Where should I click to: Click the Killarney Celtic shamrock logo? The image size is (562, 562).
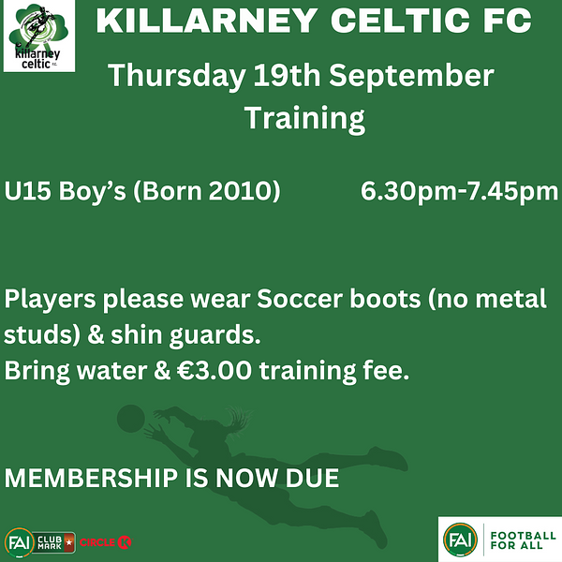[39, 36]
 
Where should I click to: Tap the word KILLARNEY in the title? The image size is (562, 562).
[207, 21]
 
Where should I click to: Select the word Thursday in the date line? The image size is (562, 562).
[177, 76]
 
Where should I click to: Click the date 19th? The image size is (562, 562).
[287, 75]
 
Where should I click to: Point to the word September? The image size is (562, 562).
[411, 76]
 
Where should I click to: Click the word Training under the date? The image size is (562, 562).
[304, 119]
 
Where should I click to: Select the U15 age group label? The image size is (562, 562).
[27, 190]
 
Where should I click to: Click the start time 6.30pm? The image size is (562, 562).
[408, 191]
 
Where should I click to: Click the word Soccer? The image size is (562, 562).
[300, 299]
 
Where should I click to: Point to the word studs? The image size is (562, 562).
[38, 334]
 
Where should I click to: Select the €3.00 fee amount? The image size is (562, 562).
[214, 370]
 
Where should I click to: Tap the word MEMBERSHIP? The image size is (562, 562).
[91, 478]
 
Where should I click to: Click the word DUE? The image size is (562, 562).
[312, 478]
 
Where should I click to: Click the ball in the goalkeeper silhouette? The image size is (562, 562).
[131, 419]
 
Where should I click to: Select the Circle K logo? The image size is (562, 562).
[105, 542]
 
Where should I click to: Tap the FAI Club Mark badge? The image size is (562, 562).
[39, 542]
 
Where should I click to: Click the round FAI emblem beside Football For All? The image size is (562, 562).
[460, 540]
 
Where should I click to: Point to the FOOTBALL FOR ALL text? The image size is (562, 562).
[524, 540]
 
